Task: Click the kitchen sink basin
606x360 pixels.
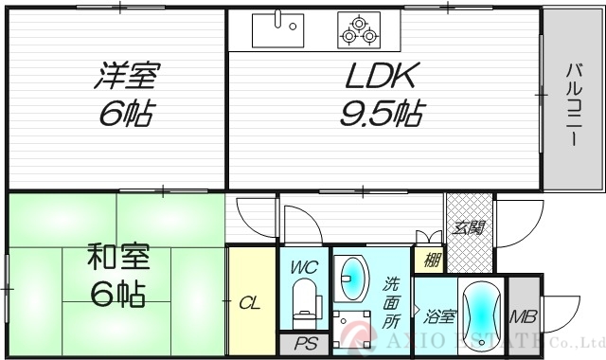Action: (281, 29)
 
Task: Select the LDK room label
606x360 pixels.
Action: (378, 76)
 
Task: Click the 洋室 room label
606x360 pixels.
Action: (127, 76)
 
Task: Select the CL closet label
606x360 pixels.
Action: (249, 303)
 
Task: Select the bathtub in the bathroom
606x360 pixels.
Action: (484, 317)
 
